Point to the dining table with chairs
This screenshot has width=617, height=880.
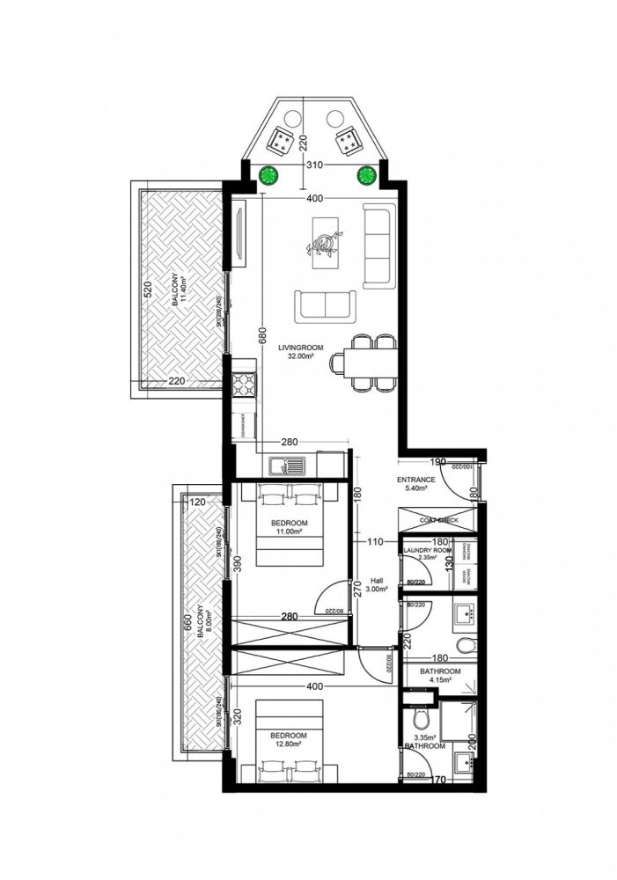(x=364, y=363)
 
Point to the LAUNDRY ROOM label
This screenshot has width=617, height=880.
(x=426, y=551)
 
